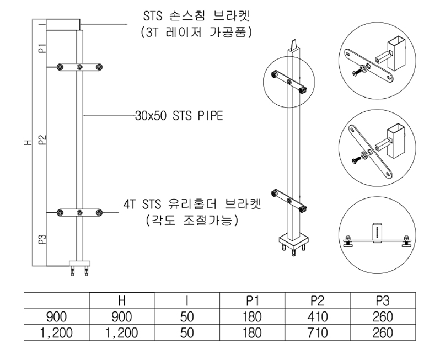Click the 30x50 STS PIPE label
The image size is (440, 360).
point(179,116)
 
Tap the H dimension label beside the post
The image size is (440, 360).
point(28,143)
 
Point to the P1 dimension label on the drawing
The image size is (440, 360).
point(42,49)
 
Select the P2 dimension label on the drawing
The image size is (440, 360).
point(42,139)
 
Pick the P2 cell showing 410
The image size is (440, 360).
point(318,317)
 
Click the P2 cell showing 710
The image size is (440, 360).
point(318,333)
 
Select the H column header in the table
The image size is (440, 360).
point(121,301)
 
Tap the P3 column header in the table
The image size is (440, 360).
point(383,301)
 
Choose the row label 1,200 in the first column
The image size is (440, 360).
point(56,333)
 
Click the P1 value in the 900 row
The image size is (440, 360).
point(253,317)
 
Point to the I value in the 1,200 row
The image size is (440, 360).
point(187,333)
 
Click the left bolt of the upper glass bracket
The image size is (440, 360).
point(60,67)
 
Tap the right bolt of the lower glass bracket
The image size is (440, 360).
point(99,212)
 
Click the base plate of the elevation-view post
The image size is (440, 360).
point(80,264)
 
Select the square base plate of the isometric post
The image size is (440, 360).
point(293,241)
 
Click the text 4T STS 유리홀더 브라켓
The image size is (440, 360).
point(192,205)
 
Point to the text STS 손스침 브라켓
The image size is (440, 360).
point(196,16)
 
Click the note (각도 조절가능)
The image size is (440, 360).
point(192,221)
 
